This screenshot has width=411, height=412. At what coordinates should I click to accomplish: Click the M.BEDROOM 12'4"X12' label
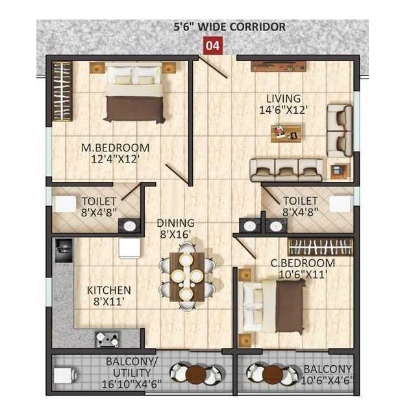click(115, 153)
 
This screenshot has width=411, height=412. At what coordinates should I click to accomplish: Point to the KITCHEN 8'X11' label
click(108, 296)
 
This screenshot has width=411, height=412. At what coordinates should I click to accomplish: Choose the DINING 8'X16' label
click(175, 229)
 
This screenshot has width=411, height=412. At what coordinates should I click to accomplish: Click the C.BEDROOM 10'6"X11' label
click(303, 268)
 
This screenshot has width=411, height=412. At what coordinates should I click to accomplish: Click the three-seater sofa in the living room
click(286, 170)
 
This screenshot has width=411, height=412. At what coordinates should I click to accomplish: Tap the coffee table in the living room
click(286, 133)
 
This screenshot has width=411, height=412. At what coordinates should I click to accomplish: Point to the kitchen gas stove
click(107, 338)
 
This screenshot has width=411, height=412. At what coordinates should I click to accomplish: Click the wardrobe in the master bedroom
click(61, 91)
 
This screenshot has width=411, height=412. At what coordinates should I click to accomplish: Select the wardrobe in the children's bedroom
click(320, 247)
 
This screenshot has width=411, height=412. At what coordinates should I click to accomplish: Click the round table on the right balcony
click(273, 374)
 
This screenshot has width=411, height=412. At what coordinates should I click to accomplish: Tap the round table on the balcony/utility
click(195, 374)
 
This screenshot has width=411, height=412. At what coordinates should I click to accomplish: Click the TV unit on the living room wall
click(278, 65)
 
